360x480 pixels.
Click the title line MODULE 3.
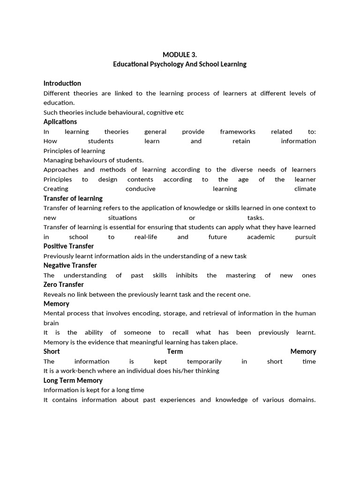(x=180, y=55)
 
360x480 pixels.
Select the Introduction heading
(x=62, y=83)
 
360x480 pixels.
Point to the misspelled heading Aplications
(x=60, y=122)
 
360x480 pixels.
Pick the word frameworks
(x=238, y=132)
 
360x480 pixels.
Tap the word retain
(x=241, y=141)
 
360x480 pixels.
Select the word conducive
(x=141, y=189)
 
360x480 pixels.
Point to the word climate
(x=305, y=189)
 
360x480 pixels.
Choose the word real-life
(x=146, y=237)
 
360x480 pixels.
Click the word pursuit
(x=306, y=237)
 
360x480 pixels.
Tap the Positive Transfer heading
(x=68, y=246)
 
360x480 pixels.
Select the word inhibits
(x=187, y=275)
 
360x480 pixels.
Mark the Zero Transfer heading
(x=64, y=285)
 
